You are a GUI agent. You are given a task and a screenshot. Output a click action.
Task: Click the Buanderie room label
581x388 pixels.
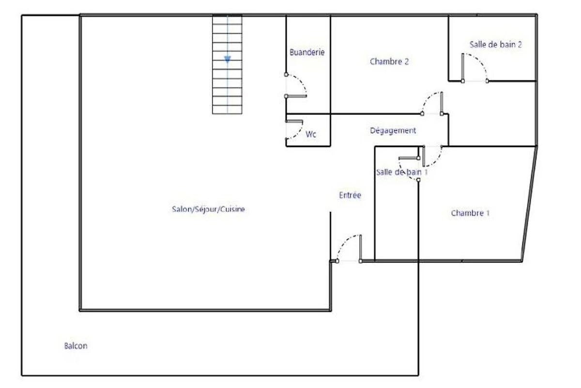click(307, 52)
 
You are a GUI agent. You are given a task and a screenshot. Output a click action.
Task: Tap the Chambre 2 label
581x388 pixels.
click(389, 62)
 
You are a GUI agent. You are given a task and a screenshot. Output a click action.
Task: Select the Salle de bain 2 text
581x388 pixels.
click(496, 45)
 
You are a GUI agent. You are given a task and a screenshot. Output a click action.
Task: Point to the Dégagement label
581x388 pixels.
click(393, 130)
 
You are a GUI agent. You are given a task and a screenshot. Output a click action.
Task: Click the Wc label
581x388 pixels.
click(311, 134)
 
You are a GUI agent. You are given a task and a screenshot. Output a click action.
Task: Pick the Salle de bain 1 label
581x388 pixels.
click(402, 172)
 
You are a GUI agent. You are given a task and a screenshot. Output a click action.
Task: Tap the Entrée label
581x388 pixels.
click(350, 195)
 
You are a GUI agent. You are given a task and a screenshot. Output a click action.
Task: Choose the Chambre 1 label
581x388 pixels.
click(470, 213)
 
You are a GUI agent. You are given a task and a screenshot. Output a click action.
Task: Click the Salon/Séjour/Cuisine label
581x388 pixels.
click(208, 209)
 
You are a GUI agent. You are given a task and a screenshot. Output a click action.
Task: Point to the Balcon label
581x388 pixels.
click(76, 346)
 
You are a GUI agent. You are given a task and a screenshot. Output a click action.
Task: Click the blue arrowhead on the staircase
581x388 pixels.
click(228, 60)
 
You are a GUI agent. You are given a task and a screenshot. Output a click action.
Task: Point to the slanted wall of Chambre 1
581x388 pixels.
click(529, 204)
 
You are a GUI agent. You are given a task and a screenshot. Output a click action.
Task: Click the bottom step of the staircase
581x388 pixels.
click(227, 110)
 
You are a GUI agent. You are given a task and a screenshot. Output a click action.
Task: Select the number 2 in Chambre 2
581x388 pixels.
click(406, 62)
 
